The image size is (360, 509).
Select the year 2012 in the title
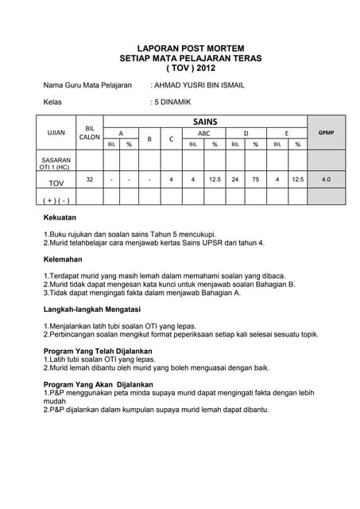point(198,69)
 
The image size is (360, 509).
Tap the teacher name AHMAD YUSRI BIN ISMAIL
point(199,84)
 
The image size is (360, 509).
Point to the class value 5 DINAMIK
point(171,102)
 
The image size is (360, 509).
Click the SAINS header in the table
point(204,121)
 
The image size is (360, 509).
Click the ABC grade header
point(204,133)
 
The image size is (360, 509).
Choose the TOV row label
point(56,183)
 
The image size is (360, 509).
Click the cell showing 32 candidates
point(89,180)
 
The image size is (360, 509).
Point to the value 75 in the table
point(256,180)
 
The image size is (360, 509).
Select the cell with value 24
point(235,180)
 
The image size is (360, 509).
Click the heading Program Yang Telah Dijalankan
point(98,351)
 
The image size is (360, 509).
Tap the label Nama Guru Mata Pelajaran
point(87,84)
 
